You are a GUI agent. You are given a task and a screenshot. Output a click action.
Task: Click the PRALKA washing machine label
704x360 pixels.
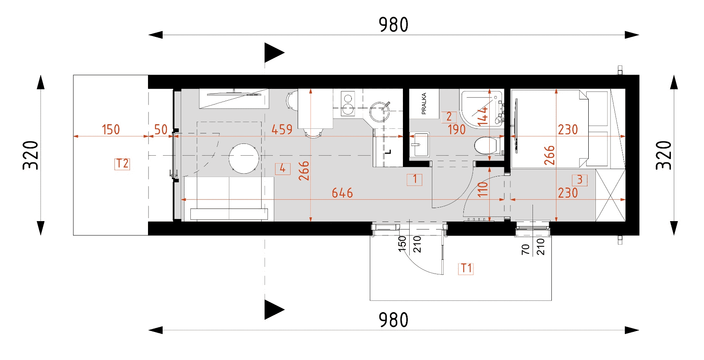point(423,104)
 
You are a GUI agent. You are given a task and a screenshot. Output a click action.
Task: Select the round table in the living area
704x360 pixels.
point(244,159)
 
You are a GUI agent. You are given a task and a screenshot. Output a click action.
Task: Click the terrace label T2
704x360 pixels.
point(122,164)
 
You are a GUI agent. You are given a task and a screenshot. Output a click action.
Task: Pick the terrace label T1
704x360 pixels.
point(466,269)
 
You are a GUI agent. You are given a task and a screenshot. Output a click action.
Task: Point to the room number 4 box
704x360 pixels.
point(283,169)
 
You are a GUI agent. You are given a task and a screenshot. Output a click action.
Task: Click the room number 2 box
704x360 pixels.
point(449,117)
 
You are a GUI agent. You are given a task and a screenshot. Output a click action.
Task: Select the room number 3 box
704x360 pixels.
point(579,180)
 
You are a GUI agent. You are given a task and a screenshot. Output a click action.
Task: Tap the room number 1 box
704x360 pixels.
point(415,180)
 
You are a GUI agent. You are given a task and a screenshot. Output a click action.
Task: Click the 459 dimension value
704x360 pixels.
point(282,130)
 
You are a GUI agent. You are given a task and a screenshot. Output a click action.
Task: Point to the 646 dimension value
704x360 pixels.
point(342,193)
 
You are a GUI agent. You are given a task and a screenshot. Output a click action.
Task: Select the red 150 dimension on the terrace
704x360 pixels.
point(111,130)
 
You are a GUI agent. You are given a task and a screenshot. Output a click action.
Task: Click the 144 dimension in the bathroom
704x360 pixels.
point(483,116)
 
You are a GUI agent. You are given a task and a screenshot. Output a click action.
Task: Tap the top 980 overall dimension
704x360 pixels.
point(393,25)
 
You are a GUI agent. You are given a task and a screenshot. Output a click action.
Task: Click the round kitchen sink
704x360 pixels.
point(379,112)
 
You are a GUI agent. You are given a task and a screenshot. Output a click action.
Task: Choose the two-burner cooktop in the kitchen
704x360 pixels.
point(348,104)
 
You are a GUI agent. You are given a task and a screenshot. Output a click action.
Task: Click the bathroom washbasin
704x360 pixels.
point(420,144)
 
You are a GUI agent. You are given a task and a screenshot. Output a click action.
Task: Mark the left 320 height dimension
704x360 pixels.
point(31,155)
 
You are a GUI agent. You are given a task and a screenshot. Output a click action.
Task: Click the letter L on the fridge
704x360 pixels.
point(389,152)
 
